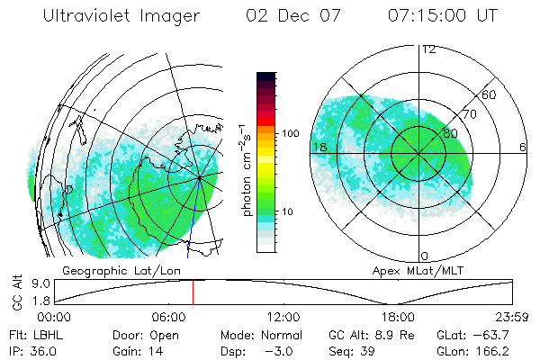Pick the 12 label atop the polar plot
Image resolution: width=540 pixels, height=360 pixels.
428,49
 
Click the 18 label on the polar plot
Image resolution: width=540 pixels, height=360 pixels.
319,147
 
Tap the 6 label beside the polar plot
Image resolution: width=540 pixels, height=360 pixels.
523,147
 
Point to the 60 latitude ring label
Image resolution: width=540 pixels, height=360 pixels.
490,94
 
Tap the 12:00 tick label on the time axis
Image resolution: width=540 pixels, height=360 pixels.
283,317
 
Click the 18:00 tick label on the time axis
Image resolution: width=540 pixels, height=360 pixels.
398,317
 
